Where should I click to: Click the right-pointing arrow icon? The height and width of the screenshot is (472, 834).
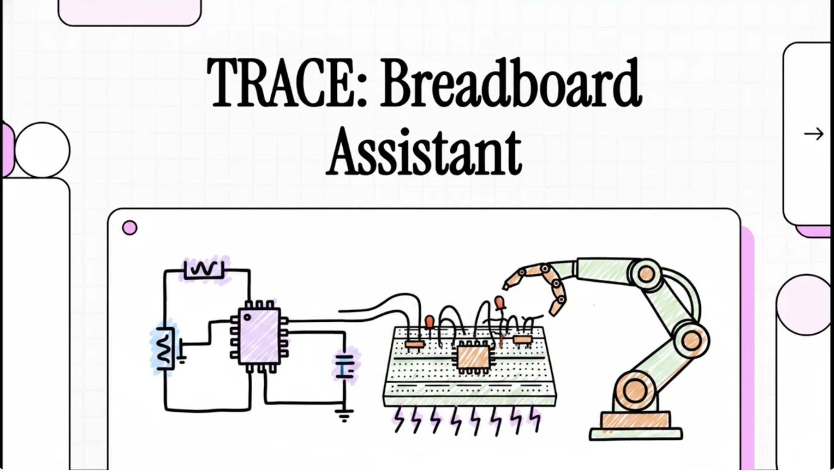tap(814, 134)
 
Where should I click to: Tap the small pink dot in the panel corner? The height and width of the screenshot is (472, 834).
tap(130, 228)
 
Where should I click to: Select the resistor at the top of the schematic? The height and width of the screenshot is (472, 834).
tap(204, 269)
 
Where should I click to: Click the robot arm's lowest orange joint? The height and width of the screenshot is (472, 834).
tap(635, 391)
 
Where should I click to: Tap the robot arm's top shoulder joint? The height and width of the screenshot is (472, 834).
tap(645, 274)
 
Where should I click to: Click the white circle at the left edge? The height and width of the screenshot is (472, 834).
tap(42, 150)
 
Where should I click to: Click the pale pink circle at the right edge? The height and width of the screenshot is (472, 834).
tap(804, 305)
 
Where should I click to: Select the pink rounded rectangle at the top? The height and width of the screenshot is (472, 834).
tap(130, 12)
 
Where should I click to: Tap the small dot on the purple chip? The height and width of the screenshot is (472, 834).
tap(247, 317)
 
